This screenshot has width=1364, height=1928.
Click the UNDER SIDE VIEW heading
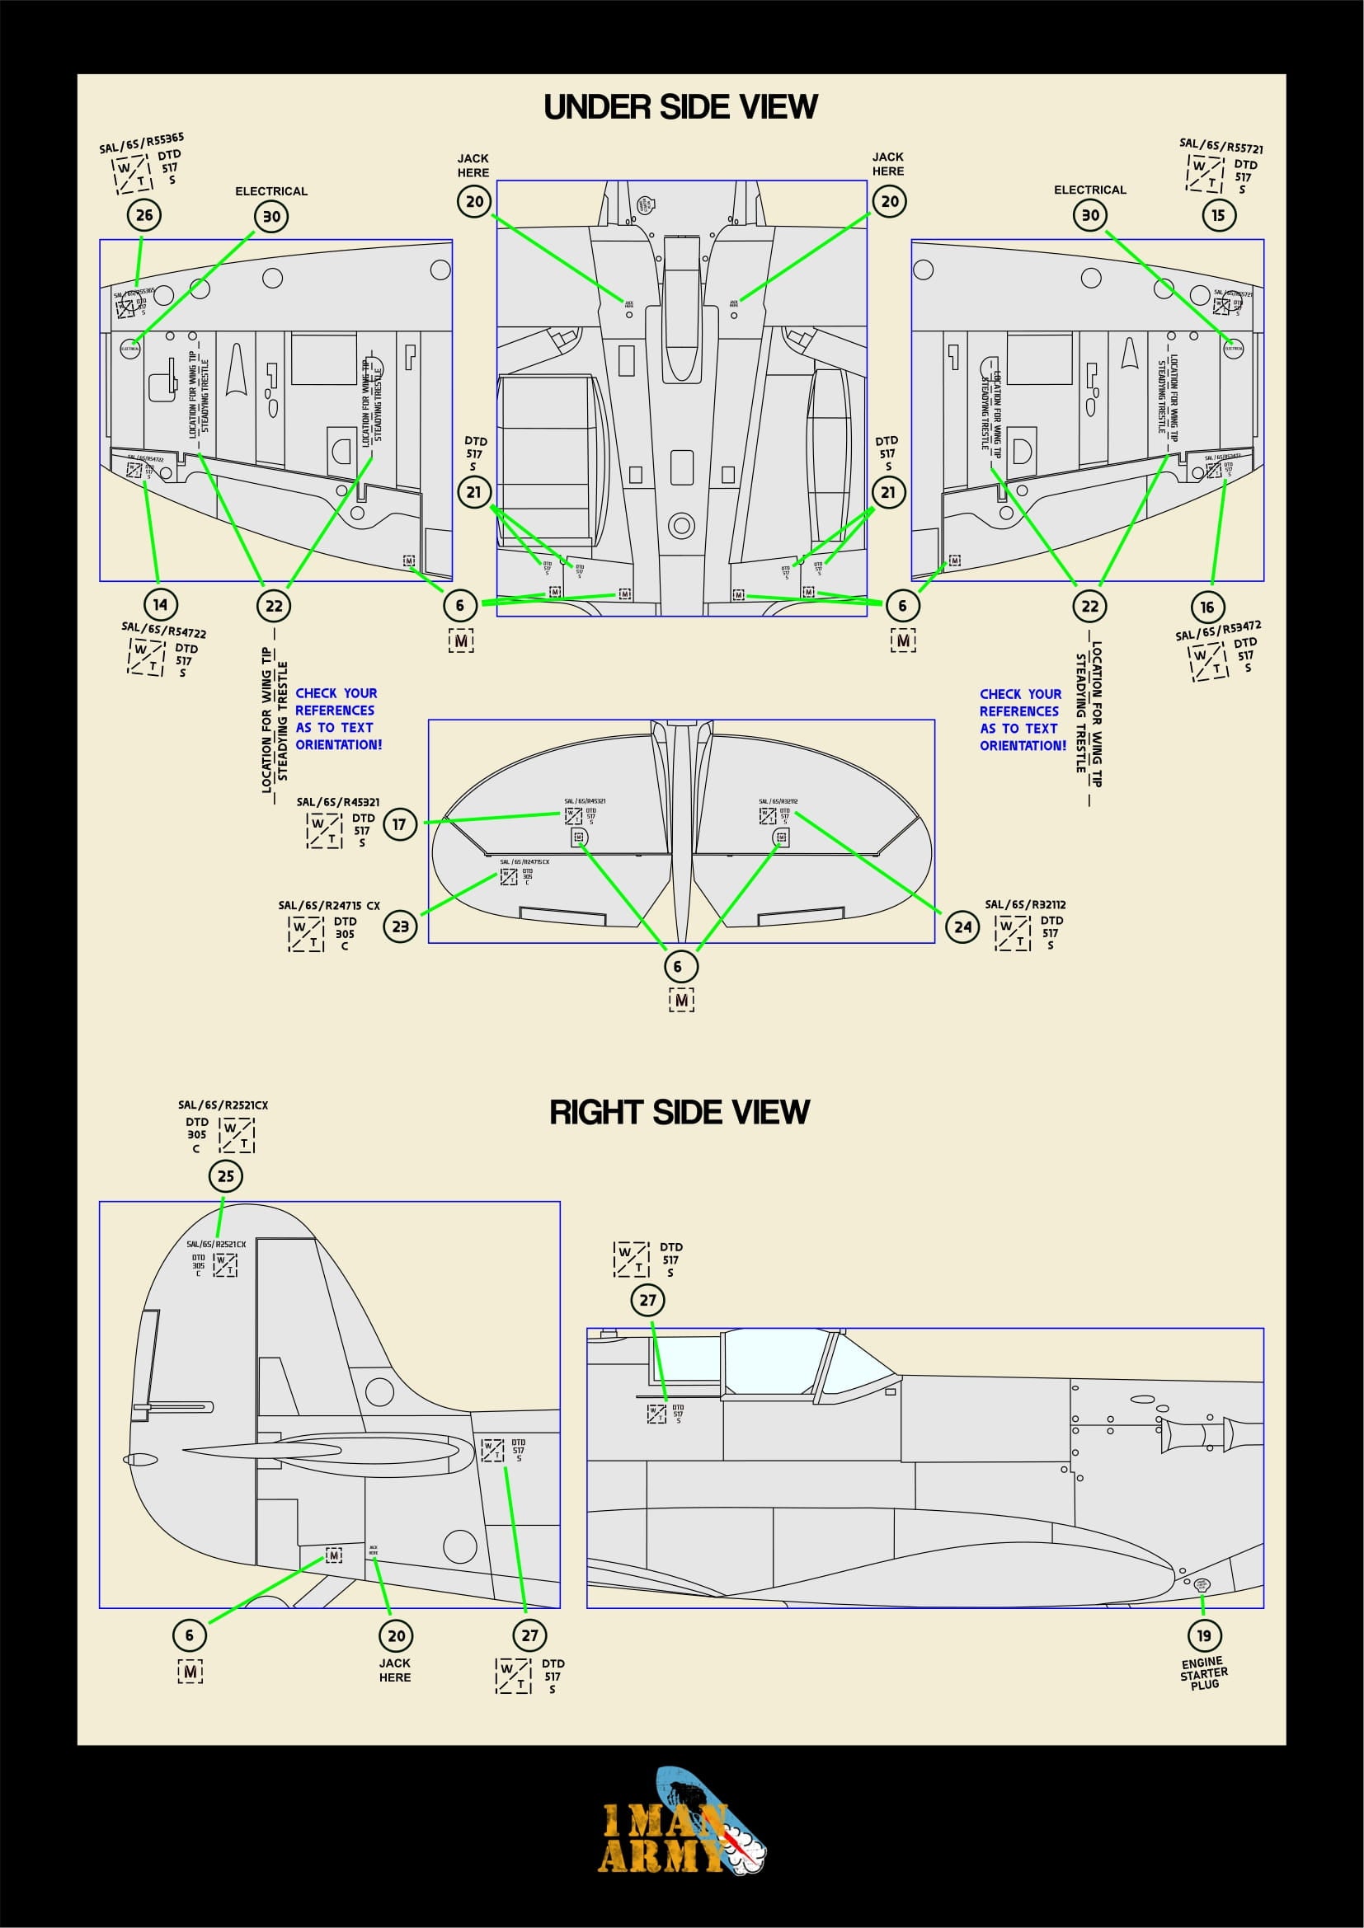click(680, 106)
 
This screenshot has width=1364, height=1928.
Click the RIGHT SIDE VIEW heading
click(680, 1112)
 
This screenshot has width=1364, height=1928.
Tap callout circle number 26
click(144, 215)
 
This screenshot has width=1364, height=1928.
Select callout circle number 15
click(1218, 215)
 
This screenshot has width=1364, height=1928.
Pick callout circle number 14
click(161, 603)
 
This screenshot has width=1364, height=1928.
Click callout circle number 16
click(1207, 607)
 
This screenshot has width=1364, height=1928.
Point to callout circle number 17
click(399, 823)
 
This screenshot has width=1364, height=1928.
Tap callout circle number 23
click(400, 926)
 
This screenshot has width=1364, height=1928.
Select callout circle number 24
click(962, 927)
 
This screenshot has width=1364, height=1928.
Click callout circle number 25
click(226, 1175)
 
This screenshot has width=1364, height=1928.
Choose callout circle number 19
click(1204, 1635)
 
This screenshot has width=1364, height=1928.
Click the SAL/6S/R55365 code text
click(142, 143)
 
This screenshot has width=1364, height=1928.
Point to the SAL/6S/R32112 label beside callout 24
click(1025, 904)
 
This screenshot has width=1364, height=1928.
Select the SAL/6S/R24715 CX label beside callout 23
click(329, 905)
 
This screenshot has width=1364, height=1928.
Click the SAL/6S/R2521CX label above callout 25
click(223, 1105)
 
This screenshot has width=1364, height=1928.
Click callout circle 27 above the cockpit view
click(647, 1300)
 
